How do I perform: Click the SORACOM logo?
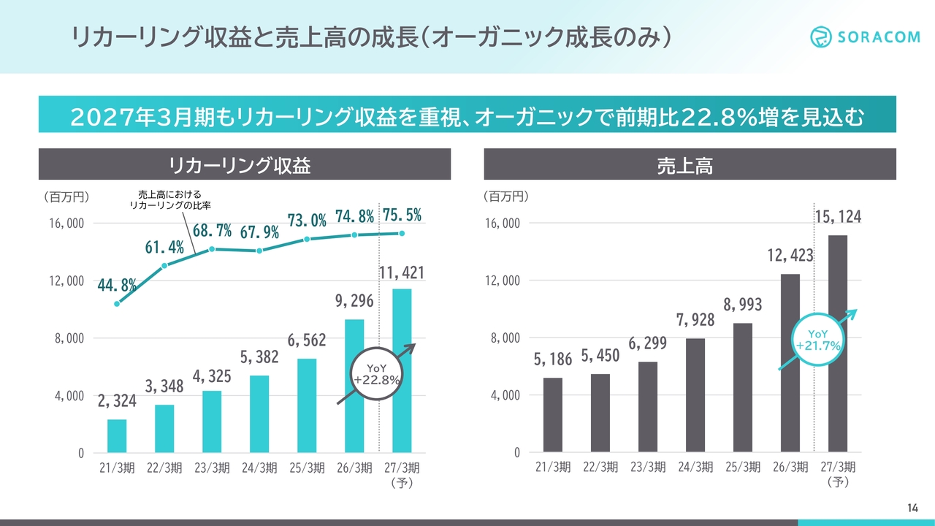(865, 37)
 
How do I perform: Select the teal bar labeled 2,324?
(117, 436)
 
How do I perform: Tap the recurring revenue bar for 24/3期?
(259, 414)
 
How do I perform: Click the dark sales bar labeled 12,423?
(790, 363)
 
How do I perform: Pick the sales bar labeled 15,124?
(838, 343)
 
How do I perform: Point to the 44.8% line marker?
(117, 304)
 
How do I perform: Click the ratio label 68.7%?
(212, 230)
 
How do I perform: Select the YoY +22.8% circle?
(376, 374)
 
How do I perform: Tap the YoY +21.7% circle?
(817, 340)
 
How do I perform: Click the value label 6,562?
(307, 340)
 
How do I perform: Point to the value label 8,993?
(743, 305)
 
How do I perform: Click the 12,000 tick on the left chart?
(66, 281)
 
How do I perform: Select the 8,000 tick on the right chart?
(505, 338)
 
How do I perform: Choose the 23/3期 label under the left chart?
(212, 468)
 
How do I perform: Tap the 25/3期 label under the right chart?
(743, 467)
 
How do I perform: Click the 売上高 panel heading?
(685, 165)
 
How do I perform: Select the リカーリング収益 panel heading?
(239, 165)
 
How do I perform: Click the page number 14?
(912, 508)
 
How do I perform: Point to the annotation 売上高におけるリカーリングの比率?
(169, 199)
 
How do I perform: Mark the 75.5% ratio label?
(402, 215)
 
